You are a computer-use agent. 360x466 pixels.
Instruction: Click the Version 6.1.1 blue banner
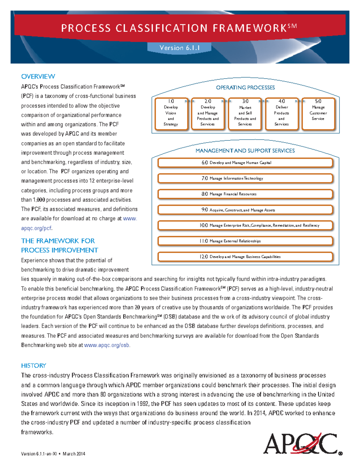tap(179, 48)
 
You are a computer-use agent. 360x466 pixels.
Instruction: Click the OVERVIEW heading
tap(38, 77)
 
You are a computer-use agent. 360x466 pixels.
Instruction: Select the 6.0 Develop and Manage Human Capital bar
tap(245, 163)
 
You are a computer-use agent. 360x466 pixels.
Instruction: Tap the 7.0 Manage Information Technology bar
tap(245, 178)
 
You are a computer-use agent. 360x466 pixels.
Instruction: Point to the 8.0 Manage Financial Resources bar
tap(245, 194)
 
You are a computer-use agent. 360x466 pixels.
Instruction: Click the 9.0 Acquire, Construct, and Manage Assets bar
tap(245, 210)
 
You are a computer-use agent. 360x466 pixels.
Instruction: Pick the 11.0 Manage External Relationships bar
tap(245, 241)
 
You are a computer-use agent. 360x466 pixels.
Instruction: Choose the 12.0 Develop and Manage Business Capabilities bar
tap(245, 257)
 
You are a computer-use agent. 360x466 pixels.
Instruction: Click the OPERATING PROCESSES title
tap(245, 88)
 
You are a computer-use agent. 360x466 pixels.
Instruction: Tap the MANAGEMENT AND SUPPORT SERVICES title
tap(245, 151)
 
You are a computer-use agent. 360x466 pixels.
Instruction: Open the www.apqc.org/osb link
tap(107, 345)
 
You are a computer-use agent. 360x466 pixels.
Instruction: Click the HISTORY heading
tap(34, 365)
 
